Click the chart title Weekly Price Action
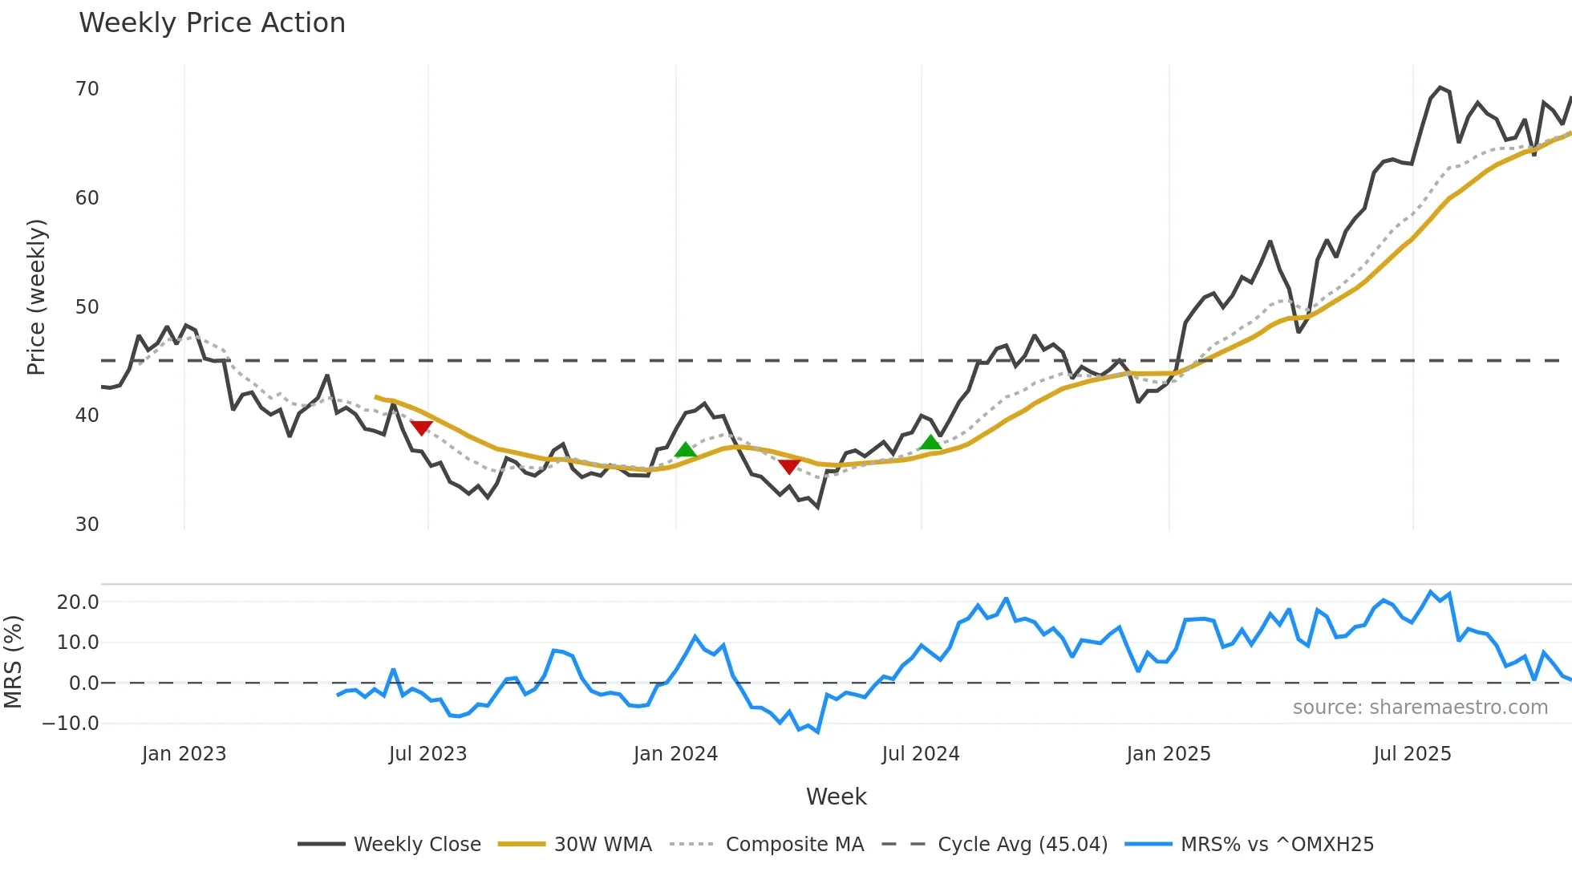coord(212,23)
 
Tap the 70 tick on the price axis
coord(87,89)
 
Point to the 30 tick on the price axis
coord(87,525)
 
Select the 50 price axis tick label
coord(87,307)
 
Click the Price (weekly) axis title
coord(37,297)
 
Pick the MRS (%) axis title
coord(13,662)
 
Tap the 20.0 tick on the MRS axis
coord(78,602)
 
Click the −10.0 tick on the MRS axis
coord(71,724)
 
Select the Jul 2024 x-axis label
coord(921,754)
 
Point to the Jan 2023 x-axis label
coord(184,754)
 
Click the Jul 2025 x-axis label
coord(1412,754)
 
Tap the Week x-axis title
coord(836,797)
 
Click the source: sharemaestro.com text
coord(1420,708)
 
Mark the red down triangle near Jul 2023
coord(421,428)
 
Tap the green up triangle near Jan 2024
coord(685,450)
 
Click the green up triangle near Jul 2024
coord(930,443)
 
